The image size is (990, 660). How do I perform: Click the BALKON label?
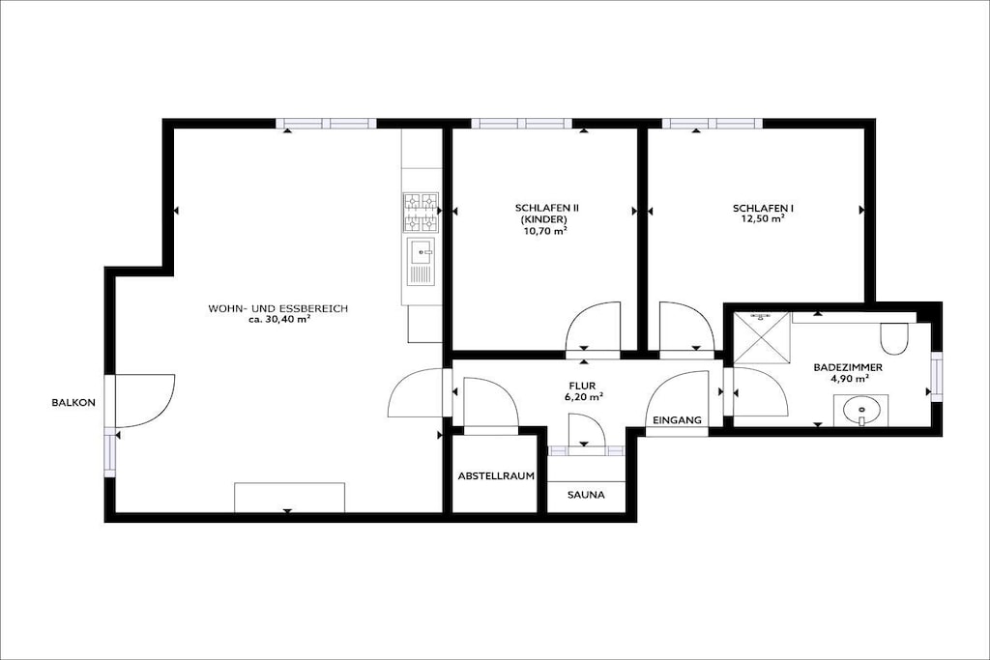(x=73, y=403)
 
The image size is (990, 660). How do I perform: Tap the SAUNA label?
(x=586, y=495)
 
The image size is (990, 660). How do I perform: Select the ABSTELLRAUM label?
(x=496, y=475)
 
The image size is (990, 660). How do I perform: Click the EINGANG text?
(x=677, y=419)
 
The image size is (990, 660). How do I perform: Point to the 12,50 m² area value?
(x=764, y=219)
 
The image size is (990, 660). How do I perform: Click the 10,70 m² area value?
(x=544, y=231)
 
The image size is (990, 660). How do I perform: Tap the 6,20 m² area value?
(x=582, y=397)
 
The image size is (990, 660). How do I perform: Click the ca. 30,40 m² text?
(x=278, y=320)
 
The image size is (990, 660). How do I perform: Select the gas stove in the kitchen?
(x=422, y=212)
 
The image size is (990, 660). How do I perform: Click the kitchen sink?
(x=422, y=262)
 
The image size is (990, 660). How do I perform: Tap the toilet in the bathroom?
(x=893, y=338)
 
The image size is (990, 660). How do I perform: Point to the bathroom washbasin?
(x=860, y=411)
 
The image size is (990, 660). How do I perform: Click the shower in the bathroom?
(x=762, y=337)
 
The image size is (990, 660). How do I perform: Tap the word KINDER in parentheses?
(x=543, y=219)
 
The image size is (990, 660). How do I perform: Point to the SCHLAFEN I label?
(x=764, y=208)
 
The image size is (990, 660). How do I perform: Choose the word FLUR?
(x=582, y=387)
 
